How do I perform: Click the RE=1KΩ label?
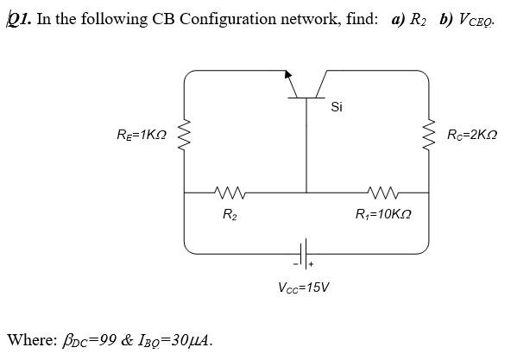point(141,136)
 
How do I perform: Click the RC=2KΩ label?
point(472,136)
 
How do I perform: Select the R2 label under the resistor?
point(229,213)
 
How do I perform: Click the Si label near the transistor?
point(337,107)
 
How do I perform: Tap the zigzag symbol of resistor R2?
point(229,192)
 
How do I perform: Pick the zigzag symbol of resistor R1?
point(381,192)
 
